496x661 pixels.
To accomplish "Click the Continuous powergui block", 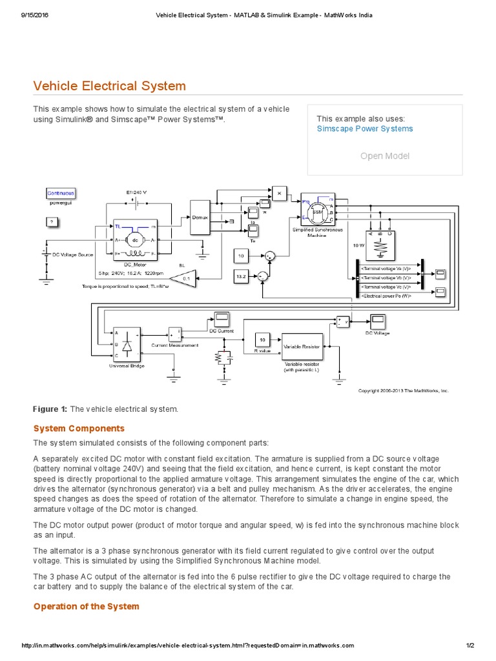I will click(61, 193).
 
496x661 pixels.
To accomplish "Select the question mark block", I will click(52, 223).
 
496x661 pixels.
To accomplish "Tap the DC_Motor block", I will click(136, 241).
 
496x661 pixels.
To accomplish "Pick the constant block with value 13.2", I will click(241, 276).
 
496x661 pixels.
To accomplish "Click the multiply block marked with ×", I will click(279, 193).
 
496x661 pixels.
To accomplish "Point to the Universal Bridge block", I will click(127, 343).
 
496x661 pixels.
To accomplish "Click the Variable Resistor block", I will click(302, 346).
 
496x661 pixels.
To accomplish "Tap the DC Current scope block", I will click(222, 318).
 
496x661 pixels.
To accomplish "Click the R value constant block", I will click(262, 340).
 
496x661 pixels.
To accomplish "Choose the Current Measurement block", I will click(176, 333).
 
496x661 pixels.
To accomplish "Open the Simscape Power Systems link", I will click(364, 128).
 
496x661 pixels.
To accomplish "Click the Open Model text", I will click(384, 156).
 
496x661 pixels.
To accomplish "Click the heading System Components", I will click(79, 429).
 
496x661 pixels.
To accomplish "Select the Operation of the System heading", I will click(86, 606).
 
